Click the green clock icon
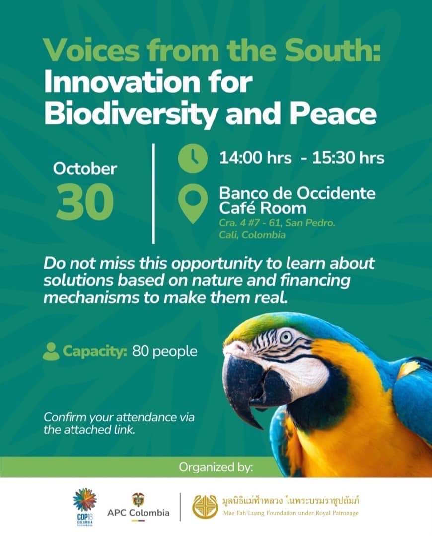pyautogui.click(x=193, y=158)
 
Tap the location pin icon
pyautogui.click(x=193, y=203)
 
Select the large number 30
pyautogui.click(x=85, y=202)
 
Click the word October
pyautogui.click(x=85, y=169)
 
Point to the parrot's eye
pyautogui.click(x=286, y=337)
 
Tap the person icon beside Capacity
pyautogui.click(x=51, y=351)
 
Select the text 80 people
pyautogui.click(x=164, y=352)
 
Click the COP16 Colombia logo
pyautogui.click(x=85, y=507)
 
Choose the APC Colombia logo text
pyautogui.click(x=139, y=512)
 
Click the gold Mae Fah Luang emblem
pyautogui.click(x=205, y=507)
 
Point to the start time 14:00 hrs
pyautogui.click(x=255, y=158)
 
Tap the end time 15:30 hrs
pyautogui.click(x=348, y=158)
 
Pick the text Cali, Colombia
pyautogui.click(x=252, y=235)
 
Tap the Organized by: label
pyautogui.click(x=216, y=467)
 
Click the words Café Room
pyautogui.click(x=263, y=208)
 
